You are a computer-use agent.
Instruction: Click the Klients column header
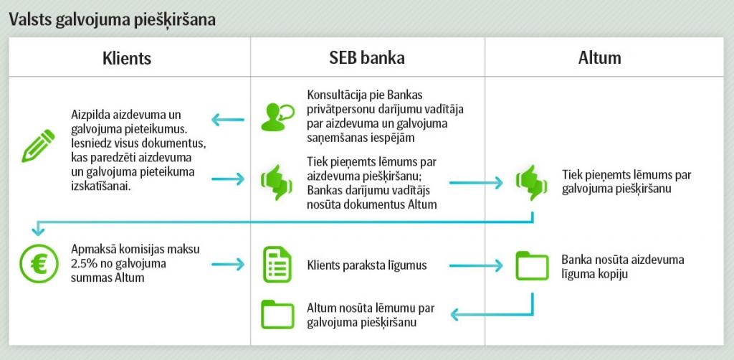pyautogui.click(x=127, y=58)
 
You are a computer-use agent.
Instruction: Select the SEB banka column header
pyautogui.click(x=367, y=58)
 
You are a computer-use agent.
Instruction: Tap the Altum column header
pyautogui.click(x=599, y=58)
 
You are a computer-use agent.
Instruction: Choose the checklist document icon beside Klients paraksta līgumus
pyautogui.click(x=277, y=265)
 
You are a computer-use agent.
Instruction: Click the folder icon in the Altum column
pyautogui.click(x=532, y=265)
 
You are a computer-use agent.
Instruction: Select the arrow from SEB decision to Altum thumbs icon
pyautogui.click(x=475, y=183)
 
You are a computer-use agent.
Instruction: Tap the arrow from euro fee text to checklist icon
pyautogui.click(x=229, y=265)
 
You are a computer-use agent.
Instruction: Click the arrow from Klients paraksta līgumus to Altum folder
pyautogui.click(x=475, y=265)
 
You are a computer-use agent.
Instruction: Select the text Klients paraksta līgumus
pyautogui.click(x=366, y=265)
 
